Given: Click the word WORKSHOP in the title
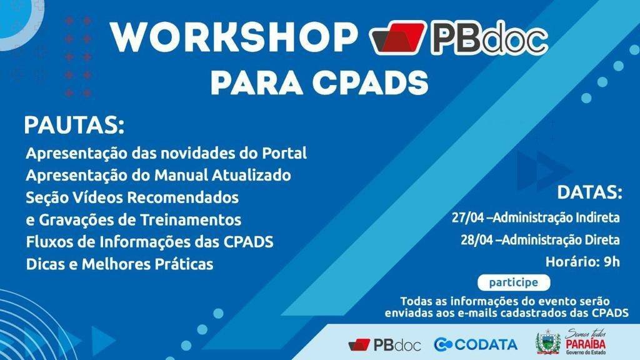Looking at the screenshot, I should [x=232, y=39].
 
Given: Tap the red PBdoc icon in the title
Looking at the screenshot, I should [x=397, y=41].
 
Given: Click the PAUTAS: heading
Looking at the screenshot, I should [x=74, y=125].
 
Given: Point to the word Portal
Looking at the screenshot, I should [x=283, y=153].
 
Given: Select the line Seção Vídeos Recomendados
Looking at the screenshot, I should [x=132, y=197].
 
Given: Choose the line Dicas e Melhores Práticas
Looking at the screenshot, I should [x=119, y=264].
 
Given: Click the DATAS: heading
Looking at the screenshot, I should [x=589, y=192].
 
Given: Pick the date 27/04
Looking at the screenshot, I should [x=467, y=218].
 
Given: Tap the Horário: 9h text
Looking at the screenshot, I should [x=582, y=261].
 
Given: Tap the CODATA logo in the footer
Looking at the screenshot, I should [x=476, y=344].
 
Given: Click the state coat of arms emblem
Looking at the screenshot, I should [x=548, y=343].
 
